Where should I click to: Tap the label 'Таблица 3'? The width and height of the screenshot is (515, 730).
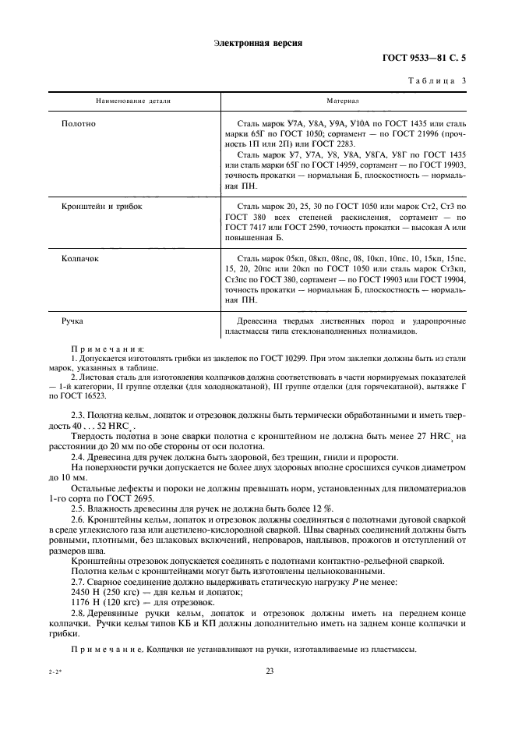tap(438, 80)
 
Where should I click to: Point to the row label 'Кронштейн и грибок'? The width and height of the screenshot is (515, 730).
tap(101, 207)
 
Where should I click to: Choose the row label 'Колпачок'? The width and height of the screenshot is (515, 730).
tap(83, 257)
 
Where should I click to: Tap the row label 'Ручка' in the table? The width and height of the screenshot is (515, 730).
tap(72, 320)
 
